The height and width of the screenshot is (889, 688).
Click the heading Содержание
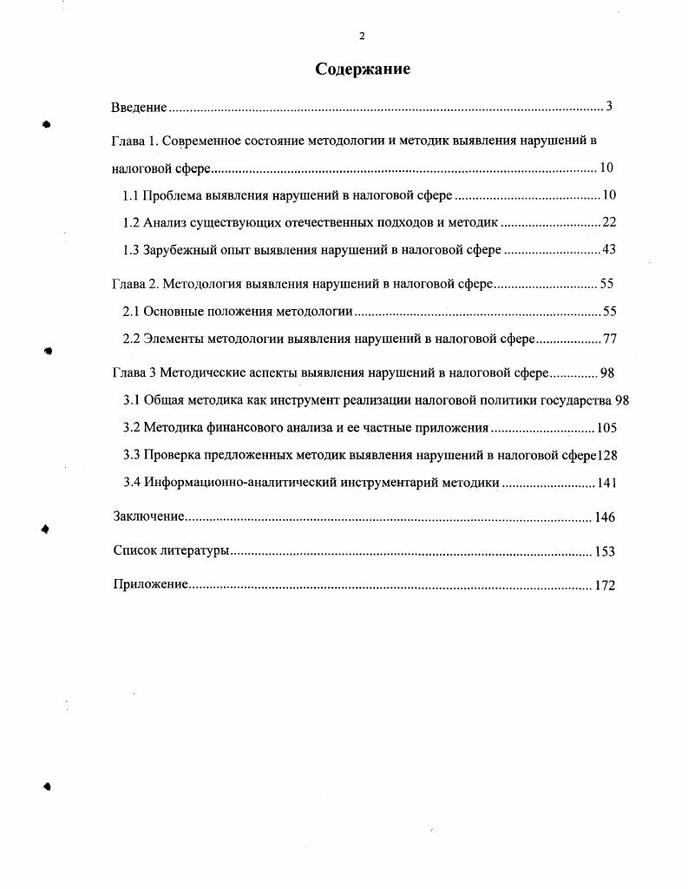(362, 69)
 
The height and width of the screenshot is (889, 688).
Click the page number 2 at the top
(362, 36)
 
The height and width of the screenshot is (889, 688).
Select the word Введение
(139, 107)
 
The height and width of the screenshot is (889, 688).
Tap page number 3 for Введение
(609, 107)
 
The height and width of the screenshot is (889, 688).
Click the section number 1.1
(131, 194)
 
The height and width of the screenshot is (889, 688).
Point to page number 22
(609, 222)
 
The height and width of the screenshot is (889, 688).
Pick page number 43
(609, 250)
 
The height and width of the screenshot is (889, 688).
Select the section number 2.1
(131, 312)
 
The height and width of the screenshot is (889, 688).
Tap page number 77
(609, 339)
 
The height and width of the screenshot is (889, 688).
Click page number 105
(606, 428)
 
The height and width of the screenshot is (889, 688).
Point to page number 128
(606, 456)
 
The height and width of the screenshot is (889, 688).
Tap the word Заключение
(148, 517)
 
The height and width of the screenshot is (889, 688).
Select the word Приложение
(151, 584)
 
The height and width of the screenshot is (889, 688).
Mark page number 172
(605, 585)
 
